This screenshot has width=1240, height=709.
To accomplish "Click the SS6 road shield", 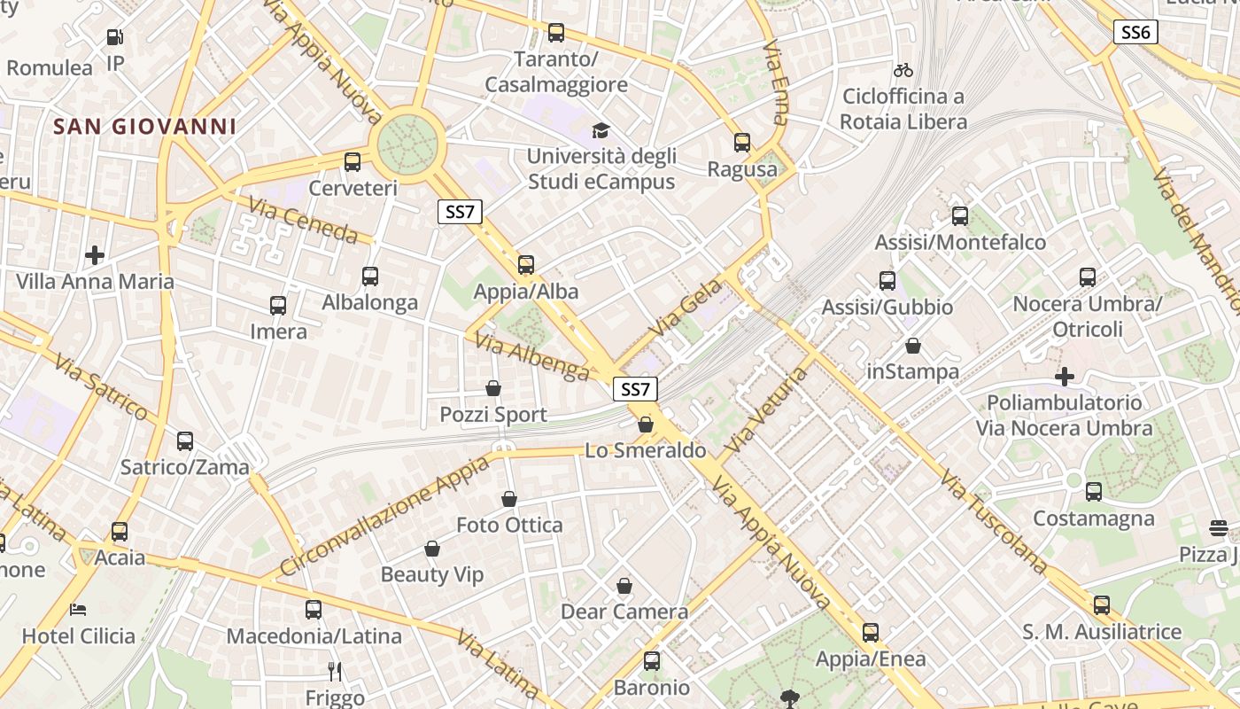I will click(1135, 33).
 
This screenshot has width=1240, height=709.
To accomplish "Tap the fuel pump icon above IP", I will click(114, 37).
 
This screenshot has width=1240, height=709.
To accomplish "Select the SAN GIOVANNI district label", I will click(145, 126).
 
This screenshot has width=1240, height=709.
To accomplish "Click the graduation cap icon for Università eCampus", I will click(601, 130).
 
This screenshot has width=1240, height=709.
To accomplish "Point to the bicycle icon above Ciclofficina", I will click(903, 70).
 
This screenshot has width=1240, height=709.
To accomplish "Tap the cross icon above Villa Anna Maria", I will click(95, 256).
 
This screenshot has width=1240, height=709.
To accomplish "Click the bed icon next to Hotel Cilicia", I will click(78, 610).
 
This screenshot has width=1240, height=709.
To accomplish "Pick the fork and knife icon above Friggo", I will click(334, 671).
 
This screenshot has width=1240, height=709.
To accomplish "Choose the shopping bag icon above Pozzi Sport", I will click(493, 388).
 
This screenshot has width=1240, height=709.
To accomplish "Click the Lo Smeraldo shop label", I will click(646, 450).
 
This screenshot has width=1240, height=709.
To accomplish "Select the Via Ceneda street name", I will click(303, 221).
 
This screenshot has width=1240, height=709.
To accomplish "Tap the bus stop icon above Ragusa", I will click(742, 142).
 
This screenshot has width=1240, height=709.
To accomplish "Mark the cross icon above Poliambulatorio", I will click(1065, 377).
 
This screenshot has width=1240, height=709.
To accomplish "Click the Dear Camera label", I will click(624, 612).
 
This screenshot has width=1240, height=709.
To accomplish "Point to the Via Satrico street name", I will click(100, 386).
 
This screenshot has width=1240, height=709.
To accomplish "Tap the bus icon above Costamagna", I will click(1094, 491).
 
